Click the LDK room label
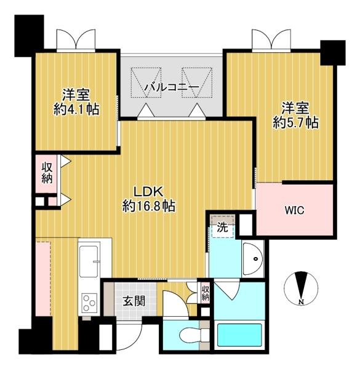click(x=148, y=192)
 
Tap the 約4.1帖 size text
click(x=76, y=109)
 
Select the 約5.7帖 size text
click(x=296, y=122)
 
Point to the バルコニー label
click(x=172, y=87)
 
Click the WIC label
click(x=295, y=210)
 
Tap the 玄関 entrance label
click(x=134, y=301)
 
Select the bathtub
click(x=239, y=335)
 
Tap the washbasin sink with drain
click(x=253, y=259)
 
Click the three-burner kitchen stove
click(x=89, y=303)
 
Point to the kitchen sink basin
click(x=89, y=261)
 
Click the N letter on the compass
click(x=301, y=302)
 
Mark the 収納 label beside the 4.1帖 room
click(x=47, y=173)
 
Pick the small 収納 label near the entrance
click(x=206, y=293)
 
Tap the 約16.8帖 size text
click(x=148, y=206)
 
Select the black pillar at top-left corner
click(x=29, y=36)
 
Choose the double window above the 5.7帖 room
click(x=271, y=40)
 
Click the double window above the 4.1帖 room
click(x=76, y=40)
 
